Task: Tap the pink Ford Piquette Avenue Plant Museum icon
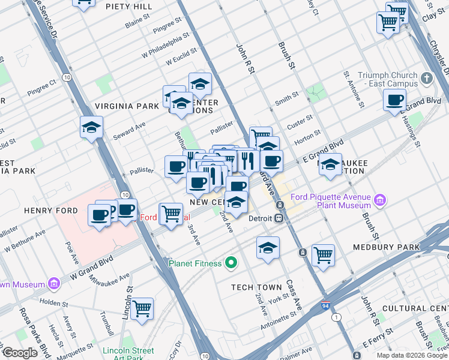(x=379, y=200)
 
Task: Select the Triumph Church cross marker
(x=426, y=79)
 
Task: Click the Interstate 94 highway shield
(x=325, y=305)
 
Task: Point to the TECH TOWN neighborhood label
(x=257, y=287)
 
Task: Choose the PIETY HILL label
(x=128, y=7)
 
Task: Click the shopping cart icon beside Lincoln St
(x=142, y=308)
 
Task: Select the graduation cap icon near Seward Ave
(x=91, y=127)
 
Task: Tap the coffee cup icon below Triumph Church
(x=394, y=100)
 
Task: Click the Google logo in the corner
(x=19, y=352)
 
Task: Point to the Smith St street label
(x=287, y=96)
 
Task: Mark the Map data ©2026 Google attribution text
(x=412, y=355)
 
